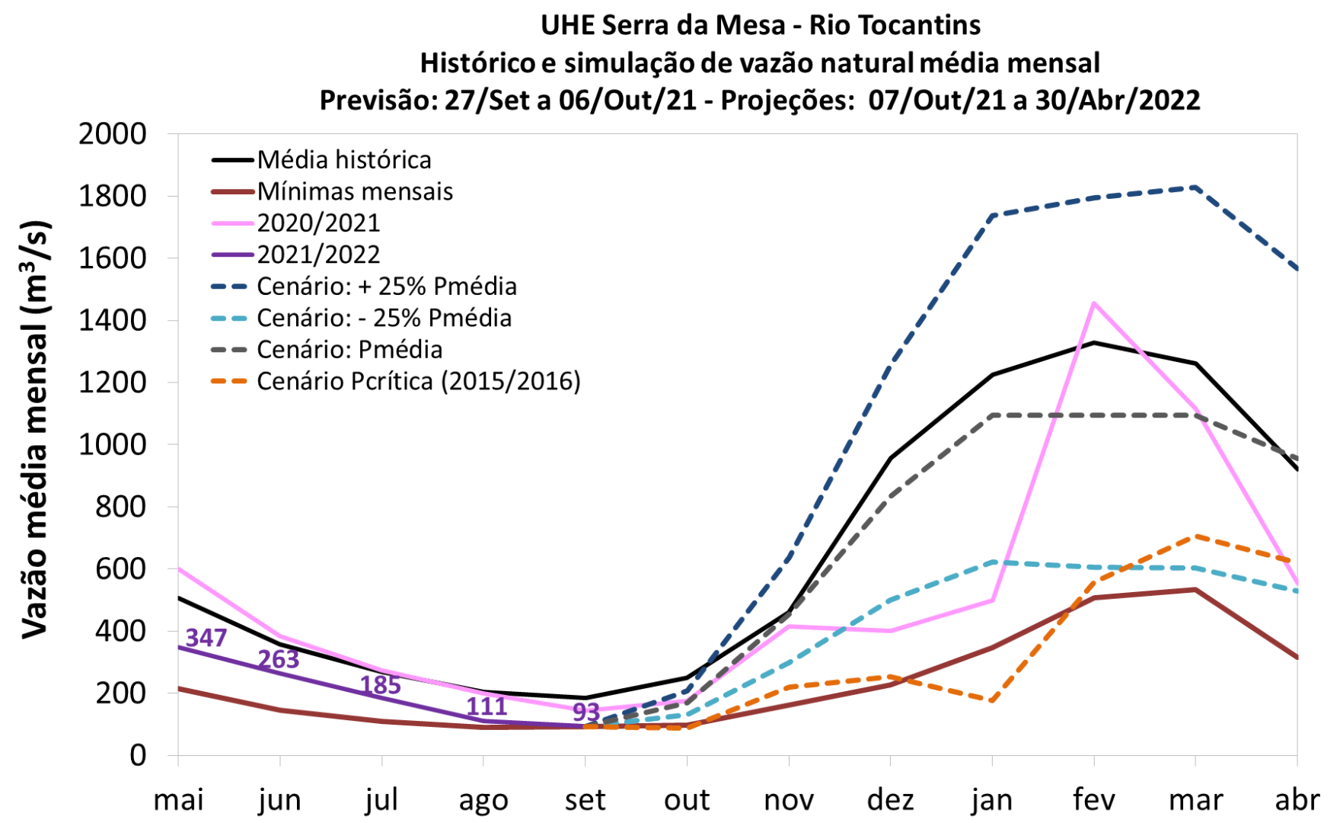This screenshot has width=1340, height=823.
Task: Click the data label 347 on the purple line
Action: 206,637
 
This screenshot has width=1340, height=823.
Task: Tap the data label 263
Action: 279,659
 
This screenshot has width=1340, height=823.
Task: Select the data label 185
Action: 381,685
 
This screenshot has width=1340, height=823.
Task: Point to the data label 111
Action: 487,706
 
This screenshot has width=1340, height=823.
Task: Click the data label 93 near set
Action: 586,712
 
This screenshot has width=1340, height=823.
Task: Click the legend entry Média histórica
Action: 344,160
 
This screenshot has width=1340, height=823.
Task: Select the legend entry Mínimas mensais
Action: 355,191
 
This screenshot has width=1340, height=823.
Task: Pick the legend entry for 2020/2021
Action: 318,223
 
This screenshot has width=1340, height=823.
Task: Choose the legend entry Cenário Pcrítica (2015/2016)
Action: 419,381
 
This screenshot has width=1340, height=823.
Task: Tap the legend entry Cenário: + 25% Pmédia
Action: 387,287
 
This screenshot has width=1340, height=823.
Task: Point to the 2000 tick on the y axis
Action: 113,134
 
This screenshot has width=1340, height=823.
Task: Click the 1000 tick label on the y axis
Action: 113,444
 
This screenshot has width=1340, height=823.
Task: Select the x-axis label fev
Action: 1094,800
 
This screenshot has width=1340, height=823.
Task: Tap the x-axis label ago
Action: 483,800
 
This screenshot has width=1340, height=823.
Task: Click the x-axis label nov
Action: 789,800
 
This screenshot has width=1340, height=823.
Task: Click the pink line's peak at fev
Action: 1094,303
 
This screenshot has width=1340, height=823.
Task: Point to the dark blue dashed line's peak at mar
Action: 1195,187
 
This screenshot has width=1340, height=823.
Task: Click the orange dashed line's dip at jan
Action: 992,700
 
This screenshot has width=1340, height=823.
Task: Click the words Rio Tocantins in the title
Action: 895,25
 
